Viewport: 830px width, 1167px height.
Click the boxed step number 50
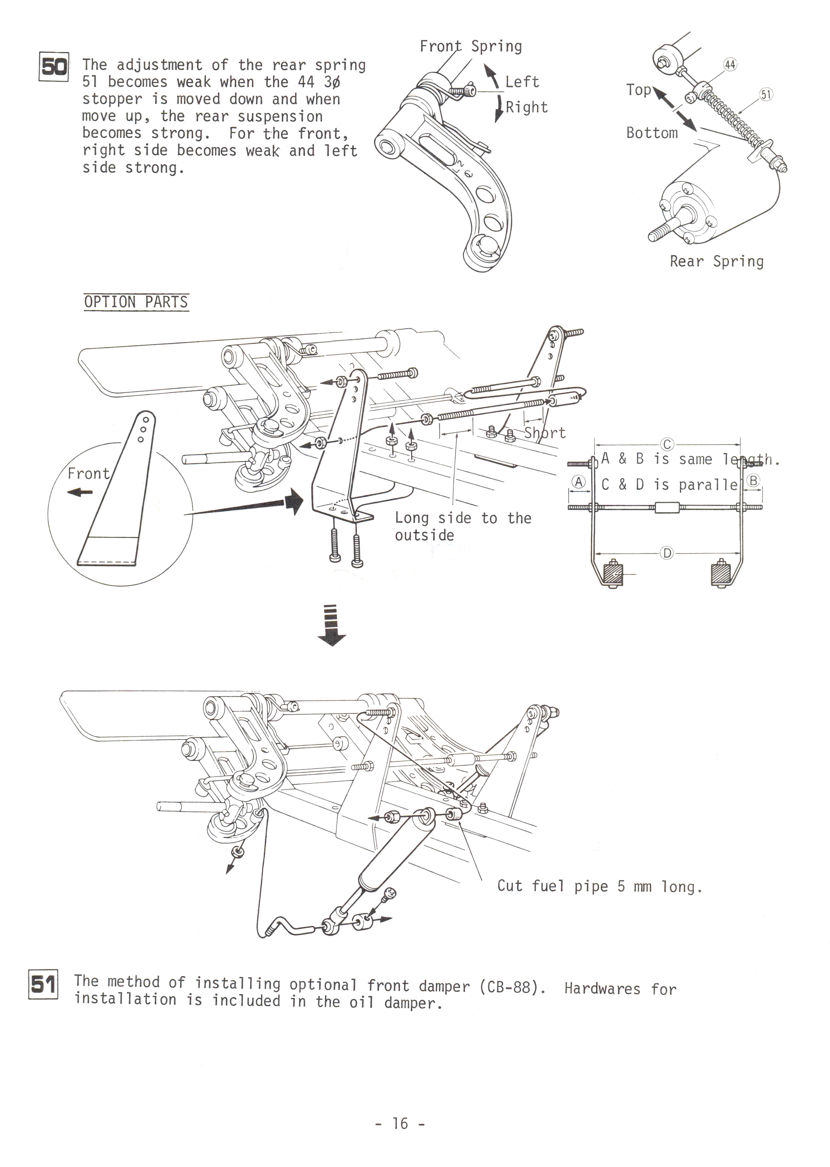click(x=54, y=67)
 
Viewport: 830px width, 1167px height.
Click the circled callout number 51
click(x=766, y=94)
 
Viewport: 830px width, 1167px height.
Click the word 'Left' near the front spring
click(x=522, y=82)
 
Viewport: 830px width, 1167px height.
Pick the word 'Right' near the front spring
click(x=526, y=107)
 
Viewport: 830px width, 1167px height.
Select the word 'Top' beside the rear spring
click(x=638, y=90)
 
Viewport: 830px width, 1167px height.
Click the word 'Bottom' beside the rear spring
click(x=652, y=133)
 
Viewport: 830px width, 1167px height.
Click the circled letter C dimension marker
click(x=667, y=444)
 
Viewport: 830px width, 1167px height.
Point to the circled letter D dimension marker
click(x=667, y=553)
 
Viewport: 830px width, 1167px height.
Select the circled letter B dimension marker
click(x=753, y=480)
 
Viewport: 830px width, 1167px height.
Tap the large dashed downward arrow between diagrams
click(x=332, y=625)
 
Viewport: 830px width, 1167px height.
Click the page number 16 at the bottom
click(x=400, y=1123)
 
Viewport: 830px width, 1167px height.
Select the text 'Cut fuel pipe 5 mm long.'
click(x=600, y=886)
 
